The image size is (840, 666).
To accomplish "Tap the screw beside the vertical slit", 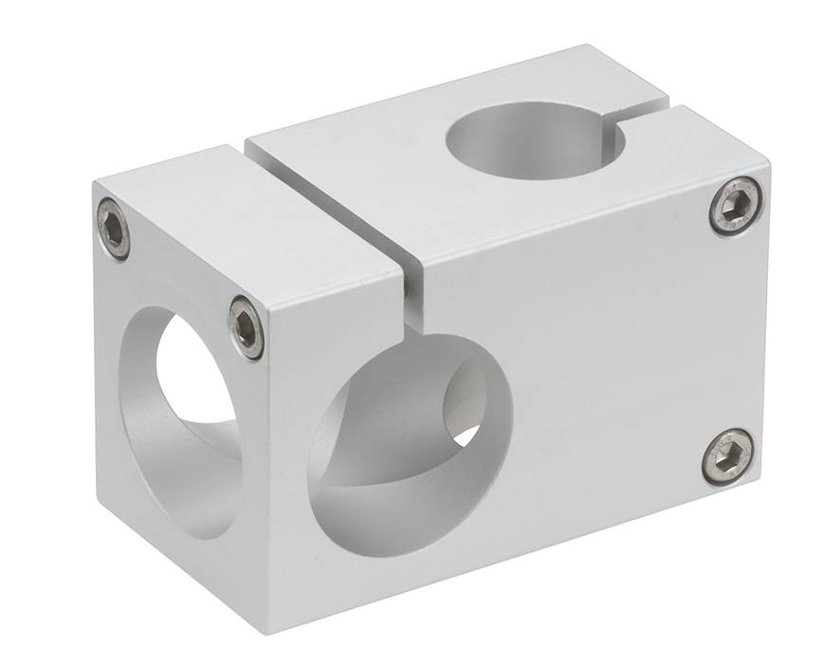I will tap(247, 328).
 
